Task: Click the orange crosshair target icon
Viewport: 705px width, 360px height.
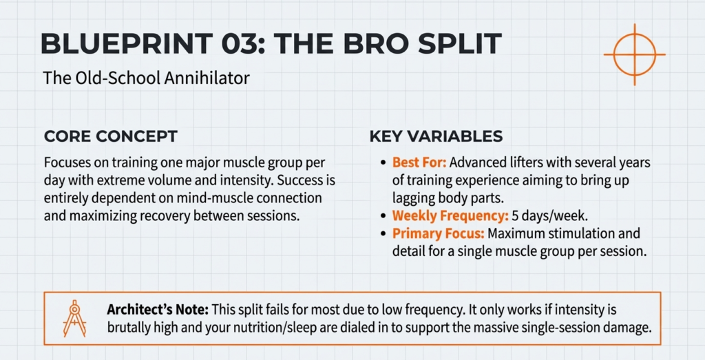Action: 634,54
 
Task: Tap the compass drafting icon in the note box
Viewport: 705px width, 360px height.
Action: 73,318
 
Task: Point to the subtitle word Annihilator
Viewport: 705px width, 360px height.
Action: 207,78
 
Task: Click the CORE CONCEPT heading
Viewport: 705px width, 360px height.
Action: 110,136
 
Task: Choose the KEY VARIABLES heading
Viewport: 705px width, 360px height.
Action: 436,136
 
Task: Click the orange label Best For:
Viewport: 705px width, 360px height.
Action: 419,163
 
